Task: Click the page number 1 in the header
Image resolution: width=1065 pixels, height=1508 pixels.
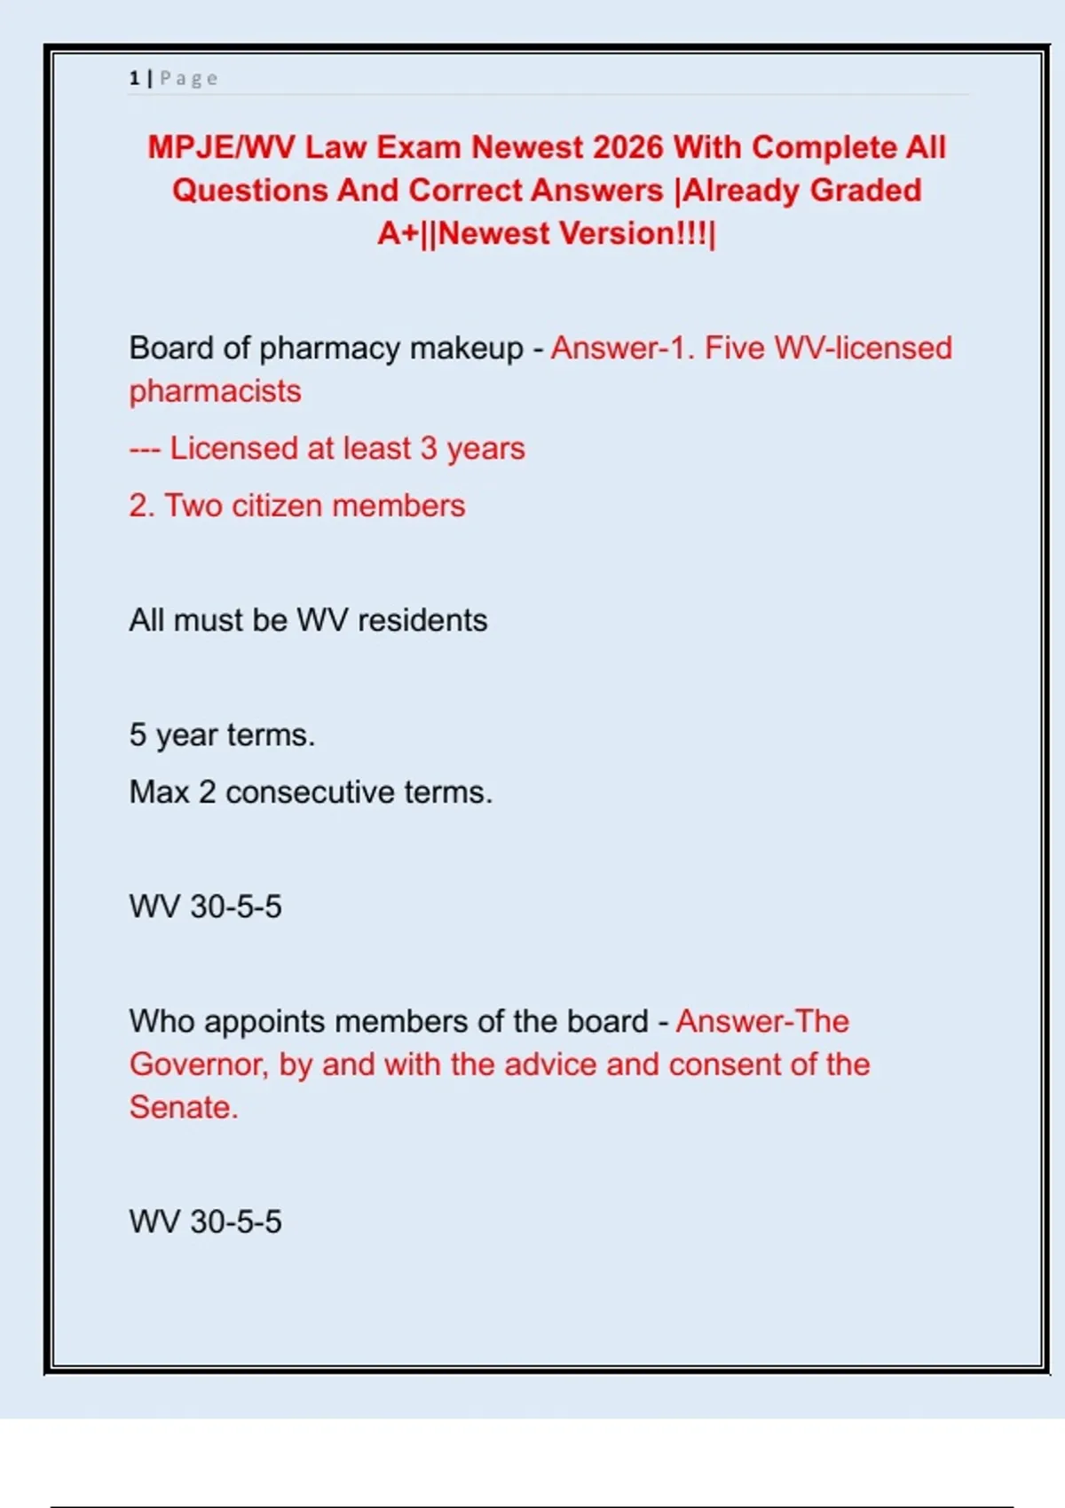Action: (x=134, y=79)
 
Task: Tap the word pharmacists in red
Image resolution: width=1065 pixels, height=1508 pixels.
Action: (x=215, y=391)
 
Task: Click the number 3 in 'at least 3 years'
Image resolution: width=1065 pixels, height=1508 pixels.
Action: (x=429, y=449)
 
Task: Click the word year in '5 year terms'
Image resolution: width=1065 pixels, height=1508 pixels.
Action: (x=186, y=735)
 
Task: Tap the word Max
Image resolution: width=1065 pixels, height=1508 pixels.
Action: (x=159, y=792)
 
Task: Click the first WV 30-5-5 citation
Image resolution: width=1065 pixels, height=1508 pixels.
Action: (x=205, y=907)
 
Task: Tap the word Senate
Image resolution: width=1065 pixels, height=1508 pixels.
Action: (x=183, y=1108)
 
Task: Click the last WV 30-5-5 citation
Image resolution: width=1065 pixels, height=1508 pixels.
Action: (x=205, y=1221)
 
